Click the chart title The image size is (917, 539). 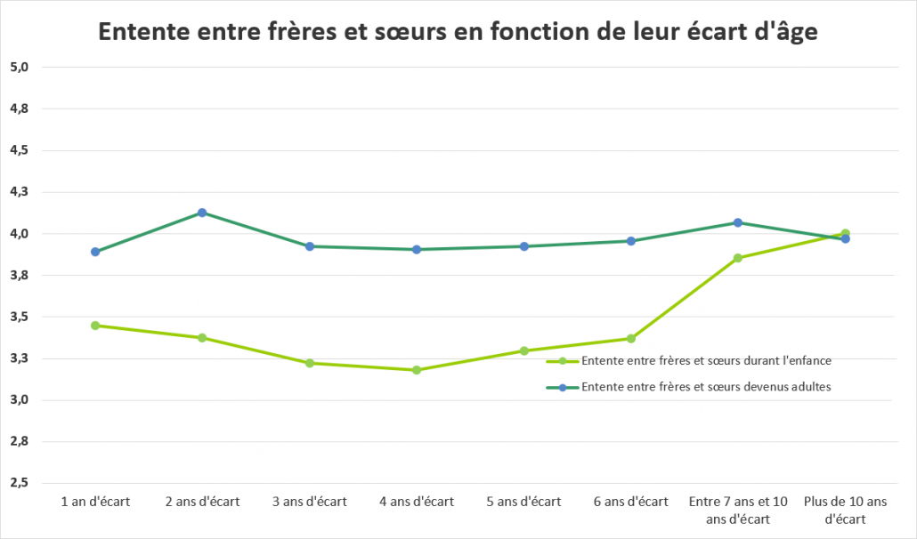(458, 32)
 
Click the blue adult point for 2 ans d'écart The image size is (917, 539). (202, 213)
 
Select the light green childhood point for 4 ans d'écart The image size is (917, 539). (417, 370)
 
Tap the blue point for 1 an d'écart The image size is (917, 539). (95, 252)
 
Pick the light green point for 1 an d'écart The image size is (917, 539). (95, 326)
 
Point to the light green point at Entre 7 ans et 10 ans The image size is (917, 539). (738, 258)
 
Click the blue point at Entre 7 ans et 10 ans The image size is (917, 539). (738, 222)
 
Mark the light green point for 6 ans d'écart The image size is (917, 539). (631, 338)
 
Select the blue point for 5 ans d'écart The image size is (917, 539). (524, 246)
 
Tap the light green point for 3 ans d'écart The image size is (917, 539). (310, 363)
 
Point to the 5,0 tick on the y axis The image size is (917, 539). (19, 67)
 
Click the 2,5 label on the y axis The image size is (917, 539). (19, 483)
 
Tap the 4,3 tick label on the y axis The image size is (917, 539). (19, 192)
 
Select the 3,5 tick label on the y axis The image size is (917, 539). (19, 317)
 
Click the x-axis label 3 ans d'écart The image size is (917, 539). (310, 502)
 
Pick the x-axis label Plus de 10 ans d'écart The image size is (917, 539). (845, 510)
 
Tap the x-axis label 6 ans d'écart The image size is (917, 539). (631, 502)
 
